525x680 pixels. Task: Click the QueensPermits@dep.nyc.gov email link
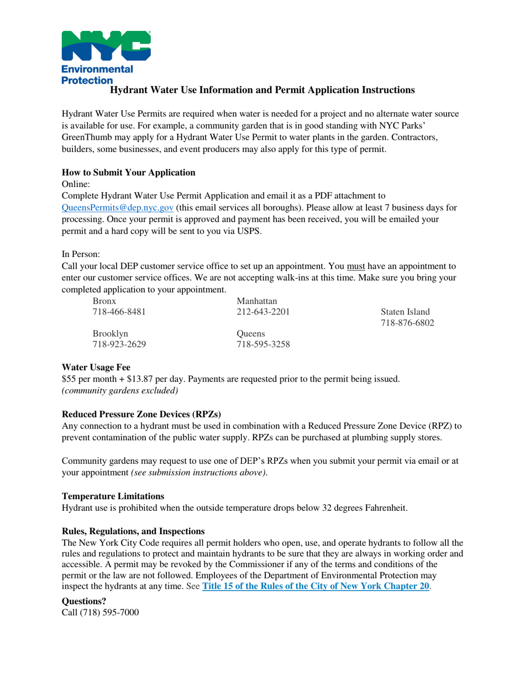point(118,207)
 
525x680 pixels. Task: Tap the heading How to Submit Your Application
point(129,172)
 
